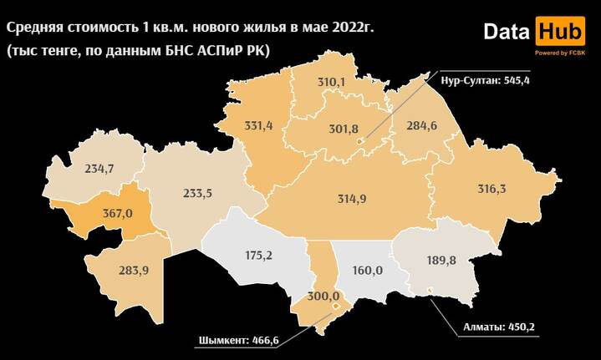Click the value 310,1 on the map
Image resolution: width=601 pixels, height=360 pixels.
331,82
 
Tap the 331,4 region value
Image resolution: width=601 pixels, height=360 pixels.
258,126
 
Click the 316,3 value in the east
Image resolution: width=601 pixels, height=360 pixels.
491,189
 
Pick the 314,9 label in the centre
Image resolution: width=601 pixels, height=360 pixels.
351,199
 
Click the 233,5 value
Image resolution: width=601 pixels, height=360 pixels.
197,193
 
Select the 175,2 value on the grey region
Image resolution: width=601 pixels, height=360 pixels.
257,255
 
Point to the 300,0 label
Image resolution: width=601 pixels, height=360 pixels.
323,296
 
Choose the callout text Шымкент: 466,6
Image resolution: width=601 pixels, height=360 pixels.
237,340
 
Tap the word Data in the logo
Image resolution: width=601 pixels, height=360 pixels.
507,33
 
